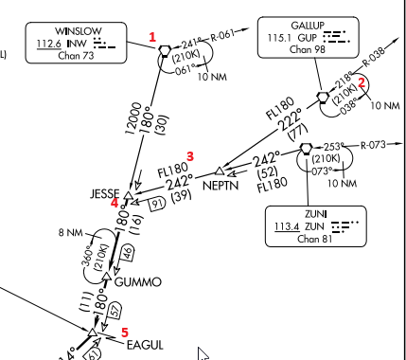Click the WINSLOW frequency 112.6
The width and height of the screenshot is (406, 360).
click(49, 44)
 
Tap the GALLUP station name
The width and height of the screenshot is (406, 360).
click(308, 26)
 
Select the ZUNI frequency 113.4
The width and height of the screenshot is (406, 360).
click(287, 226)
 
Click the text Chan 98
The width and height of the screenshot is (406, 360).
click(308, 49)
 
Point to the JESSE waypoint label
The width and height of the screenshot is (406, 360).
click(105, 193)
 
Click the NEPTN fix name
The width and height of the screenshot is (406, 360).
click(221, 186)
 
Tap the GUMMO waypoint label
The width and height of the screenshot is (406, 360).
click(138, 282)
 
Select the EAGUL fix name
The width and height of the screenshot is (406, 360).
click(145, 345)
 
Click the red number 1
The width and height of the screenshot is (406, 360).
click(152, 37)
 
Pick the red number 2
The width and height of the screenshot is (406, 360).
click(362, 83)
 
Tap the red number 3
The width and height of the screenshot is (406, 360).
click(190, 156)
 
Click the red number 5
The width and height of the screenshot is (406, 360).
click(125, 333)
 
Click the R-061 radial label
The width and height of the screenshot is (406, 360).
click(222, 35)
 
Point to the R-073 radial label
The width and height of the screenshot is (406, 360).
click(373, 145)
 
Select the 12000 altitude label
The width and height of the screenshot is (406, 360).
click(133, 118)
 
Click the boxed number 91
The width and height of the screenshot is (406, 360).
click(157, 204)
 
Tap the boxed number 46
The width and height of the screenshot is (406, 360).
click(129, 253)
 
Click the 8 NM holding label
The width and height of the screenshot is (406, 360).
click(70, 233)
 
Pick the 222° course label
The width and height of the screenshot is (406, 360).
click(290, 119)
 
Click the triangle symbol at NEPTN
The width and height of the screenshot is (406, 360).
click(220, 171)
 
